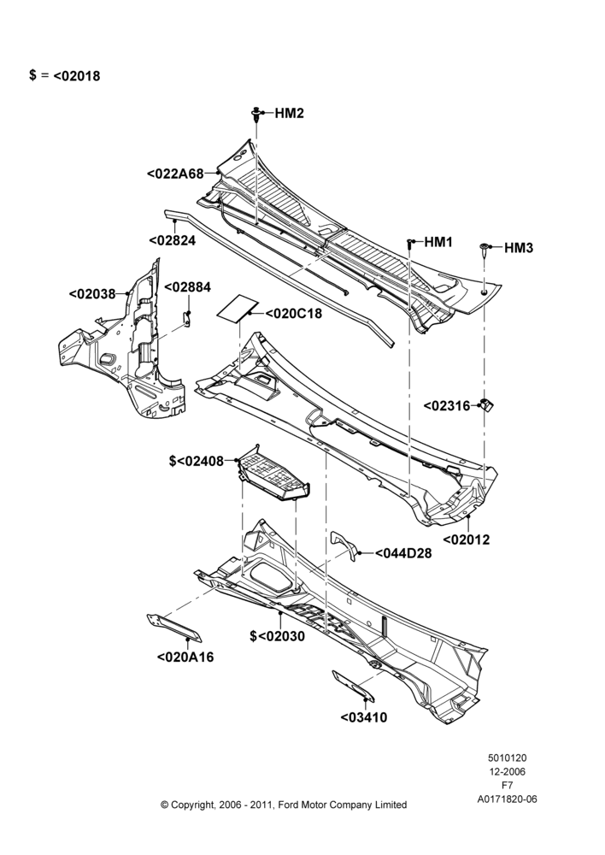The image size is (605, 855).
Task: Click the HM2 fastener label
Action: [x=289, y=114]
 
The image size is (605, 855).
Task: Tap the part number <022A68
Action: [x=175, y=174]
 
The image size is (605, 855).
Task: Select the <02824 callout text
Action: [x=172, y=240]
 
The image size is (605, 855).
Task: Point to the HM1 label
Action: [x=438, y=242]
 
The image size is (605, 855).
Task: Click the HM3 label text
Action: [x=519, y=248]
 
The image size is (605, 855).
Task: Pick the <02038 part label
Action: [x=92, y=294]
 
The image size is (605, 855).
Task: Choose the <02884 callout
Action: [x=187, y=286]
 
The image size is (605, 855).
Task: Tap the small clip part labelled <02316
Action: [x=486, y=405]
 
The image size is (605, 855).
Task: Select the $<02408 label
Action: [x=197, y=462]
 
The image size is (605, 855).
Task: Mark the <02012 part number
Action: [x=467, y=540]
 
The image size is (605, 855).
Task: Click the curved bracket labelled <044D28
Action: [x=344, y=543]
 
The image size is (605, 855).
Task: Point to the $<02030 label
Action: [x=278, y=636]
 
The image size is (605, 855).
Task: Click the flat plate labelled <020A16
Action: [x=174, y=628]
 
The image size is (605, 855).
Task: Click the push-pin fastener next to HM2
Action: [x=256, y=115]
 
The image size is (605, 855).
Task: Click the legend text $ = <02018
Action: [x=65, y=76]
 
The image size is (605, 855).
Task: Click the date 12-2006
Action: [x=507, y=771]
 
